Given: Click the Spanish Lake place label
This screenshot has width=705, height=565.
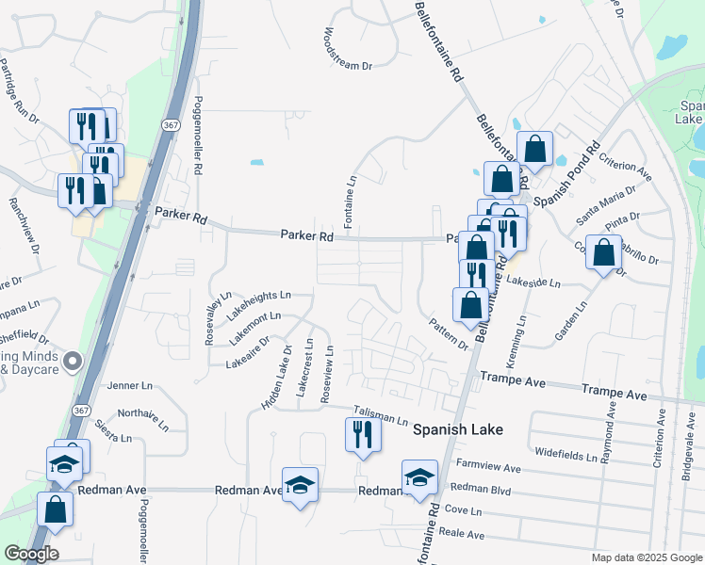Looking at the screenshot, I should (x=458, y=429).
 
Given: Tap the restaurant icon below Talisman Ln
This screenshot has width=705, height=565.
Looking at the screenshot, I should (x=362, y=435).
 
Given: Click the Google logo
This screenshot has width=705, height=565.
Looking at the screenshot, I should (x=31, y=554).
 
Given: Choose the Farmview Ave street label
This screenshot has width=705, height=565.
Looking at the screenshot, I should (x=488, y=467).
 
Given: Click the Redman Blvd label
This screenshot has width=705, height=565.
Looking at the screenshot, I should (x=480, y=488).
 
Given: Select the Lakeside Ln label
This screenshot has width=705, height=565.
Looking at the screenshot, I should (x=533, y=282).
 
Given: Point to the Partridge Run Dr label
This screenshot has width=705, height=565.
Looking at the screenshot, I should (x=21, y=92).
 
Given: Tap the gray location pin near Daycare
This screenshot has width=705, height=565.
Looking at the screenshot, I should (x=74, y=360).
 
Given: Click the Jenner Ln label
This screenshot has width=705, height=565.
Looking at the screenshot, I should (x=129, y=386).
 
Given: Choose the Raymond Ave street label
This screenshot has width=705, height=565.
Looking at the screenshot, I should (x=608, y=429).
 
